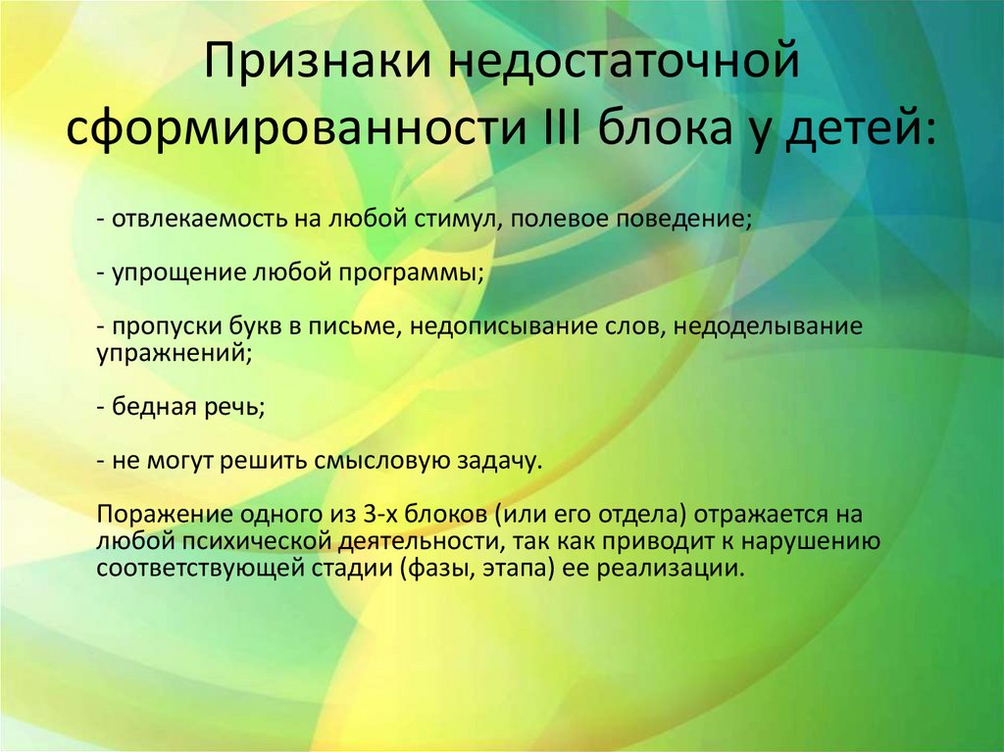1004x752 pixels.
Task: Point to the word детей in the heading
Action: pos(874,129)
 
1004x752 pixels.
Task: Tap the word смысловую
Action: pos(381,461)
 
